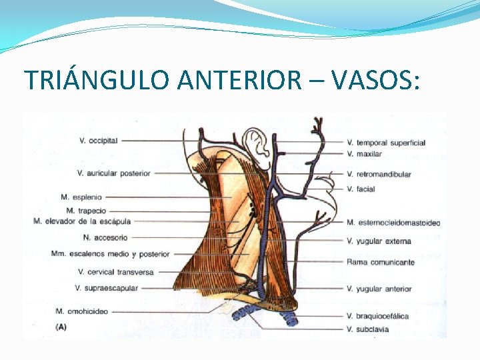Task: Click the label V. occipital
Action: pyautogui.click(x=98, y=141)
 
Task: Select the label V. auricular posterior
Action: pyautogui.click(x=114, y=173)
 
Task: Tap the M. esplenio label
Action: pyautogui.click(x=82, y=197)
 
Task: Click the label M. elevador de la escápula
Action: pyautogui.click(x=82, y=221)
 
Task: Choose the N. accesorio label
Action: pyautogui.click(x=105, y=237)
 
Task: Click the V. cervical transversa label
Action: pyautogui.click(x=116, y=272)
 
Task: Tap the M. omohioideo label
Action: pyautogui.click(x=82, y=311)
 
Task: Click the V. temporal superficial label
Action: pyautogui.click(x=386, y=143)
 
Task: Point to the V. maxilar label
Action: pyautogui.click(x=365, y=154)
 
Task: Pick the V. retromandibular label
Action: pyautogui.click(x=379, y=175)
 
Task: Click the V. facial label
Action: pyautogui.click(x=361, y=189)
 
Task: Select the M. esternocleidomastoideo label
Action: pyautogui.click(x=393, y=222)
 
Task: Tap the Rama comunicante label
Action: pyautogui.click(x=381, y=262)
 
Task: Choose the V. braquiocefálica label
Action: pyautogui.click(x=378, y=316)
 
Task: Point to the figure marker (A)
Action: pyautogui.click(x=61, y=327)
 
